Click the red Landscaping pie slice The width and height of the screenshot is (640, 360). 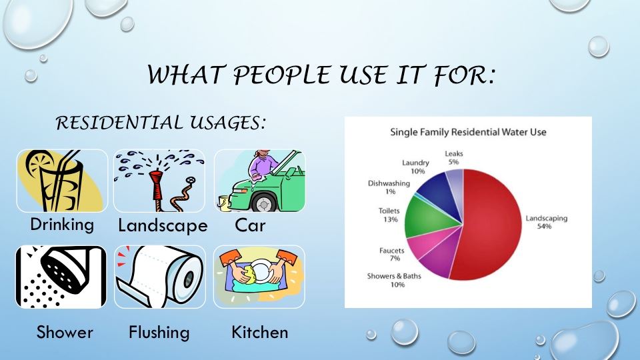[493, 227]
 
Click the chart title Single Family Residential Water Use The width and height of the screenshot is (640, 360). [468, 132]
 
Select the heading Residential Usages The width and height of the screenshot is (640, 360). [161, 123]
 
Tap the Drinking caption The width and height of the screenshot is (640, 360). [62, 225]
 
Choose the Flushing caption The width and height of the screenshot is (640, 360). [159, 332]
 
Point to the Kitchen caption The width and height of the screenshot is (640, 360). [259, 332]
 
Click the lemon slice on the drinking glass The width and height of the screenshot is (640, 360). [37, 163]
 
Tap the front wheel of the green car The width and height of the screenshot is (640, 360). [263, 202]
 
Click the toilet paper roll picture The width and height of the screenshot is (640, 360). [159, 277]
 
